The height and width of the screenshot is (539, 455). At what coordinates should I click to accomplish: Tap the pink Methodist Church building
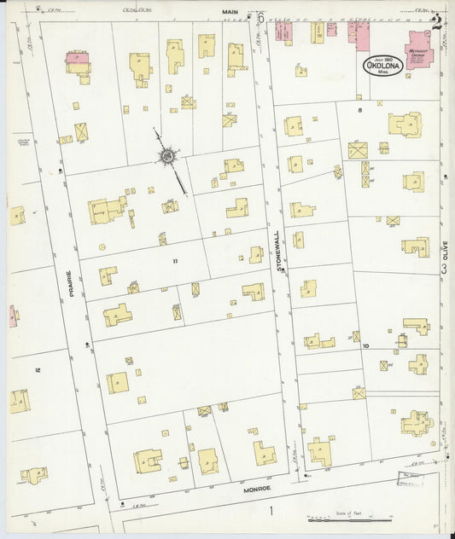coord(418,49)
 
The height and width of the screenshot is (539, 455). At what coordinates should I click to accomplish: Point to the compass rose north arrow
coord(168,156)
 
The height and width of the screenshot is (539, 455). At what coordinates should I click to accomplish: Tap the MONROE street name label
coord(256,488)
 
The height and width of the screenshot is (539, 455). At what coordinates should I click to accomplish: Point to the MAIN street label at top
coord(229,12)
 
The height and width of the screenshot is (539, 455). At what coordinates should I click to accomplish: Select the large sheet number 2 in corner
coord(437,22)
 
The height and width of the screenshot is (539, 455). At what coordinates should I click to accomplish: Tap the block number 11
coord(175,260)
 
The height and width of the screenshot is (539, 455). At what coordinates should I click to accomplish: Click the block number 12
coord(36,369)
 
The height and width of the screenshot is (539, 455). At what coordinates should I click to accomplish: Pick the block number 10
coord(365,346)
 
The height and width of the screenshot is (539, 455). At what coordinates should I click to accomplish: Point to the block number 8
coord(360,110)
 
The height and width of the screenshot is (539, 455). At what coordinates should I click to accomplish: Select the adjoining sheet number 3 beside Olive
coord(444,269)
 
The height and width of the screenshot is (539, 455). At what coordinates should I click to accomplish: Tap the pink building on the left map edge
coord(13,316)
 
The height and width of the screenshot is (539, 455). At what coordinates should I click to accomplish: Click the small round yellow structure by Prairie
coord(102,247)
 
